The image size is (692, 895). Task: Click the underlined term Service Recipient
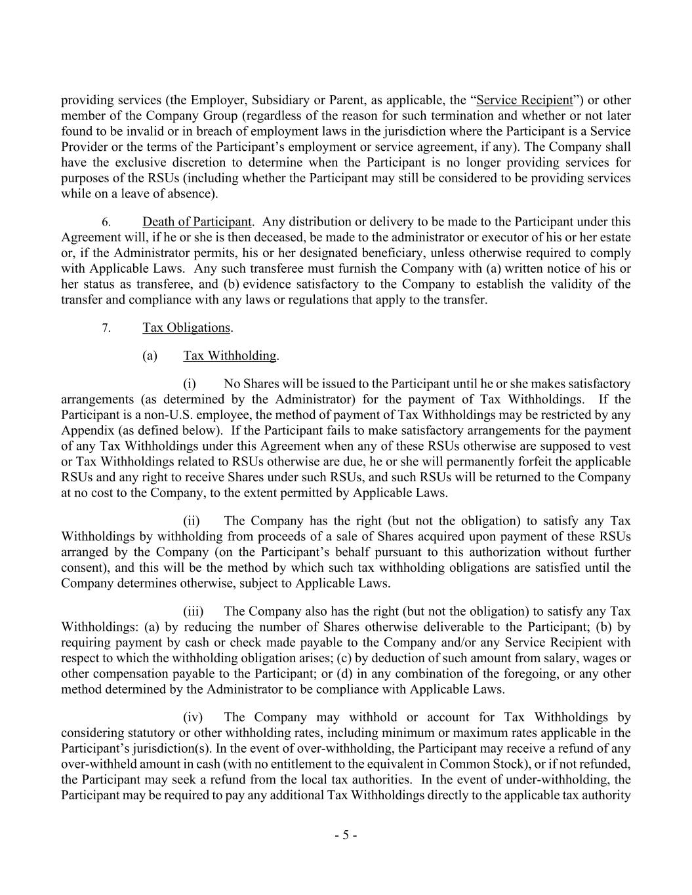pyautogui.click(x=524, y=100)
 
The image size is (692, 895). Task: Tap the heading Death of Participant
pyautogui.click(x=197, y=222)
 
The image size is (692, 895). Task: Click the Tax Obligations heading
pyautogui.click(x=186, y=327)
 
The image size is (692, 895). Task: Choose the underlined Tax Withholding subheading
pyautogui.click(x=230, y=355)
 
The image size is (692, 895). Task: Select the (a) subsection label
pyautogui.click(x=150, y=355)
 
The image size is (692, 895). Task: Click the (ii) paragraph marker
pyautogui.click(x=191, y=521)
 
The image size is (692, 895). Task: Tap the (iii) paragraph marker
pyautogui.click(x=193, y=611)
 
